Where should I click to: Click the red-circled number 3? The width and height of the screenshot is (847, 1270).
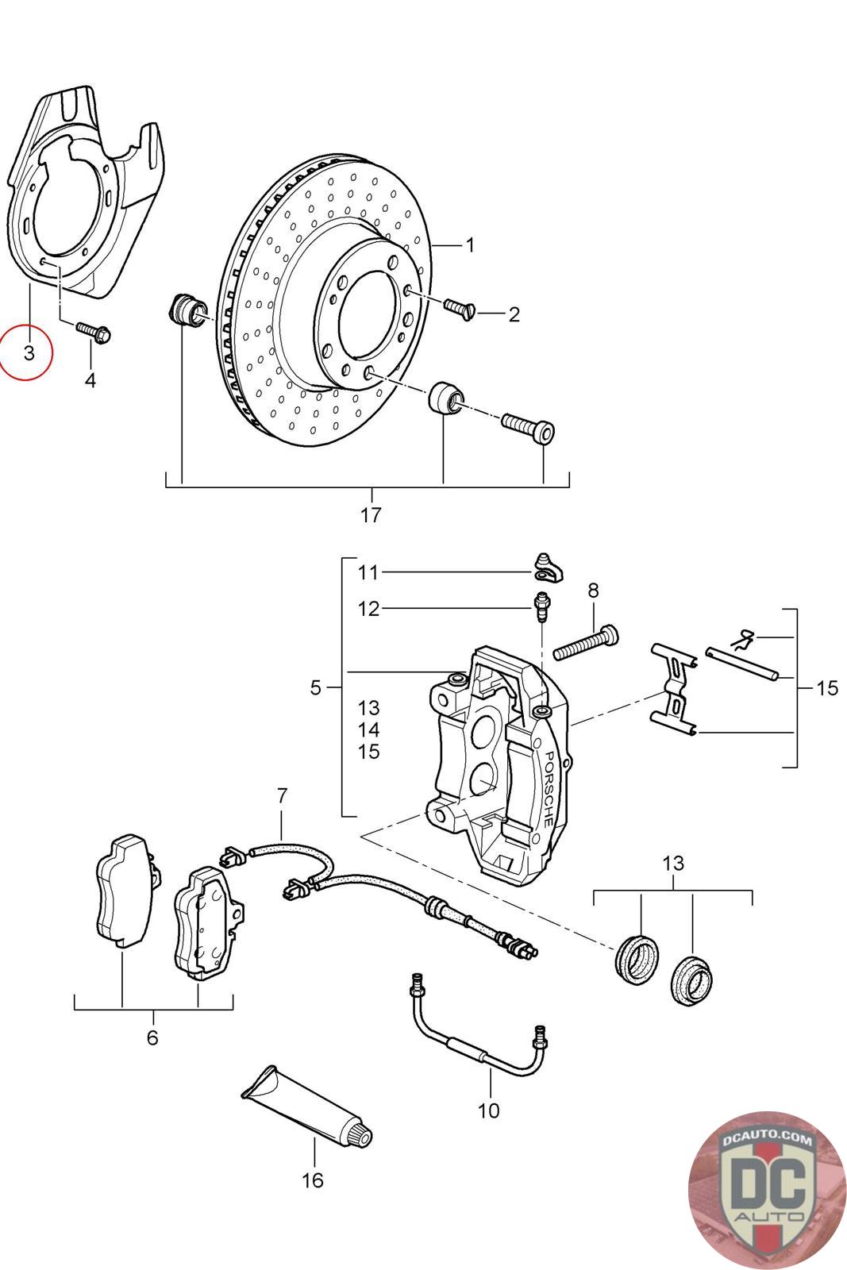click(x=29, y=352)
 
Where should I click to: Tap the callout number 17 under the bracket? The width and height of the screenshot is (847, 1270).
click(x=371, y=515)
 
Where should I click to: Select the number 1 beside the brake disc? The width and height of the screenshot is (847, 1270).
click(x=469, y=245)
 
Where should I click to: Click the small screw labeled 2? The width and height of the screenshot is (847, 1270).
click(x=459, y=309)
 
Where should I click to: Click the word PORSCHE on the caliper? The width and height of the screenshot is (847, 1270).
click(x=549, y=789)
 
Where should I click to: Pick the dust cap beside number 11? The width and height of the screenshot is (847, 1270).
click(x=549, y=568)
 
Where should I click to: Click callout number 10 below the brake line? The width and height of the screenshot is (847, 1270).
click(x=489, y=1110)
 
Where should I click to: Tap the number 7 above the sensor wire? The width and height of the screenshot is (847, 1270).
click(x=282, y=795)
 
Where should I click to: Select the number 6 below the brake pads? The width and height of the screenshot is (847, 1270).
click(x=152, y=1037)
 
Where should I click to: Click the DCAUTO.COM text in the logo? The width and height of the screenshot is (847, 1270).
click(x=767, y=1140)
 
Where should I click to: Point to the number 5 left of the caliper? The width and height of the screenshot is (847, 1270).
click(x=316, y=687)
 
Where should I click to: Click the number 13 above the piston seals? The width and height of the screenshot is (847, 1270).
click(x=673, y=864)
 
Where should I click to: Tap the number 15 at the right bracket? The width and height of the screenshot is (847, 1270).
click(x=827, y=687)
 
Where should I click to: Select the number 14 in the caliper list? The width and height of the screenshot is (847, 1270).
click(x=368, y=729)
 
